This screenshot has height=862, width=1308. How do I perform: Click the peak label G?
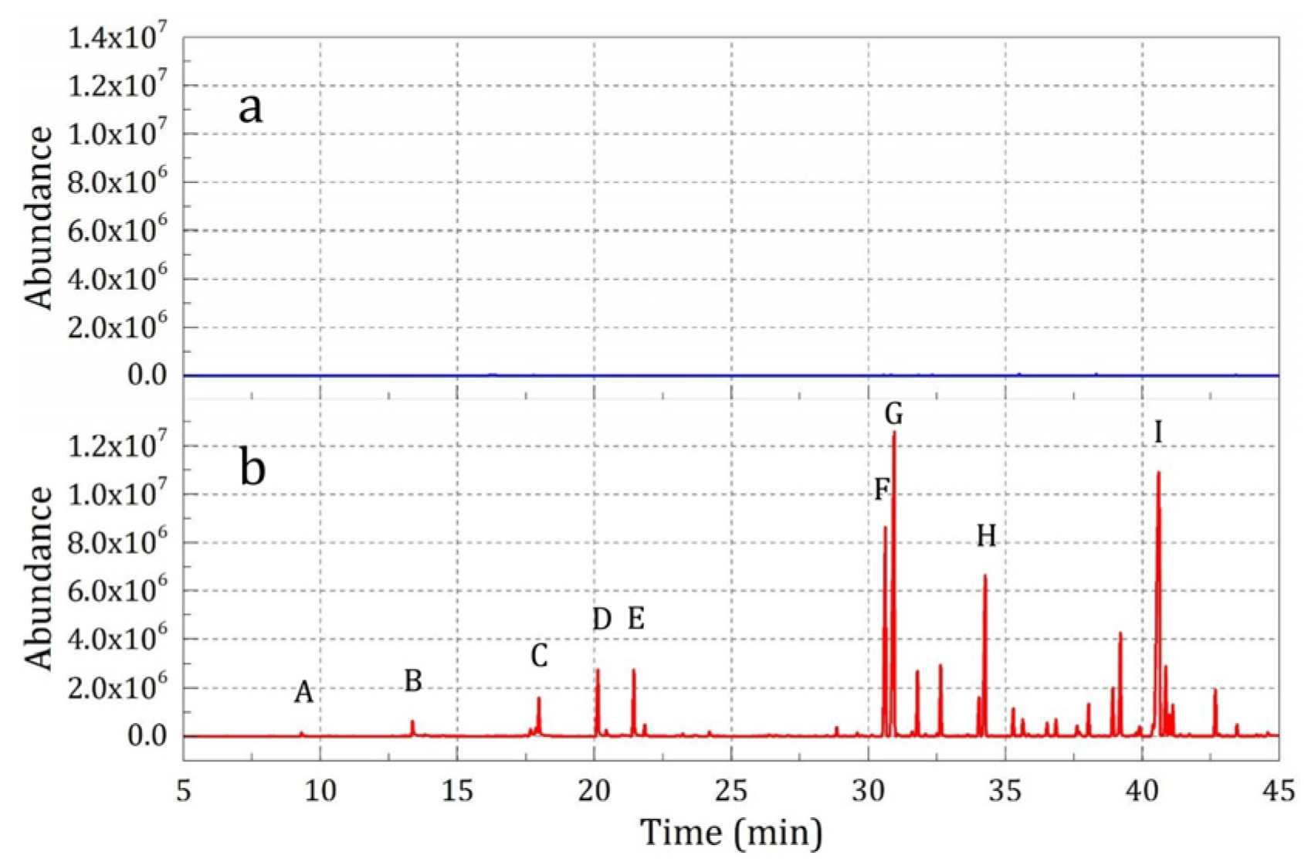(x=893, y=415)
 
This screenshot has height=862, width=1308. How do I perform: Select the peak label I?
(x=1158, y=433)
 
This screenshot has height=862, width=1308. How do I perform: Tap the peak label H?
(x=986, y=535)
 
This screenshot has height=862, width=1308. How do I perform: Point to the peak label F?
(x=882, y=490)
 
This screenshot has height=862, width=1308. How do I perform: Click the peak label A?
(x=303, y=693)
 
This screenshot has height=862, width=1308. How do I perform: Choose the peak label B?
(x=413, y=680)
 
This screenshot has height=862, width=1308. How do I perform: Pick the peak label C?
(x=539, y=657)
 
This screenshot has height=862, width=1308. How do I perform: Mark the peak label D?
(x=601, y=619)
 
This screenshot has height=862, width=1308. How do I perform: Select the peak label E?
(x=635, y=619)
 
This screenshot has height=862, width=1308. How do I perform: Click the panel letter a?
(x=250, y=108)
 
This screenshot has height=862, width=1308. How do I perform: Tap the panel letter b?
(x=252, y=468)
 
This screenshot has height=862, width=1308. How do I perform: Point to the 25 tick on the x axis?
(x=731, y=791)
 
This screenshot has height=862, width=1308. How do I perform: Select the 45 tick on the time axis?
(x=1279, y=791)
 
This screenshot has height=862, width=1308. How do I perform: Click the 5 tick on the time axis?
(x=184, y=791)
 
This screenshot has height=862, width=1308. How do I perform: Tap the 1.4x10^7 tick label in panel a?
(x=117, y=37)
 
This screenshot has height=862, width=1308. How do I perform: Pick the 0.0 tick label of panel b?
(x=147, y=736)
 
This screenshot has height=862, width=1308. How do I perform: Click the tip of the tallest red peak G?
(x=894, y=433)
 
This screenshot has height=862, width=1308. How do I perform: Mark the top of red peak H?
(x=984, y=575)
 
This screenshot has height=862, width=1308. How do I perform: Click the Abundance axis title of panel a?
(x=39, y=219)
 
